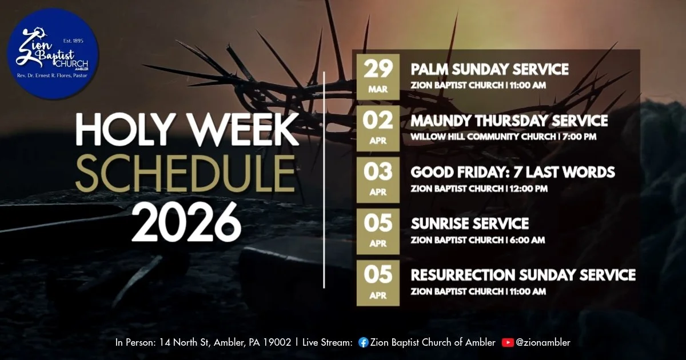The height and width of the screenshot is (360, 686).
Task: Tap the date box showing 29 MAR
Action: (378, 77)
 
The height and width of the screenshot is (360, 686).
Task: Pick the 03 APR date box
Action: (378, 179)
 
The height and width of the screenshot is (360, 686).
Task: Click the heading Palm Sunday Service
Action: (489, 70)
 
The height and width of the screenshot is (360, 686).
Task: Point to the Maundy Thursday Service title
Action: (509, 121)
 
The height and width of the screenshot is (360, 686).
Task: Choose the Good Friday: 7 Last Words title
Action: (513, 173)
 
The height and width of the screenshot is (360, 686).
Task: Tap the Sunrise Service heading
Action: (469, 223)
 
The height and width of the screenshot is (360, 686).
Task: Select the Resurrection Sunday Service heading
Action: (523, 275)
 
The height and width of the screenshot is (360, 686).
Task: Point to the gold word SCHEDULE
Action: (186, 174)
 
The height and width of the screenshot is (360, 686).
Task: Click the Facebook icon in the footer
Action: (363, 343)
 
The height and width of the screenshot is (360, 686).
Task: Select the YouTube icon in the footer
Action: (507, 343)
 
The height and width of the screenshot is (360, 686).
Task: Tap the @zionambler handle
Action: (543, 343)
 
